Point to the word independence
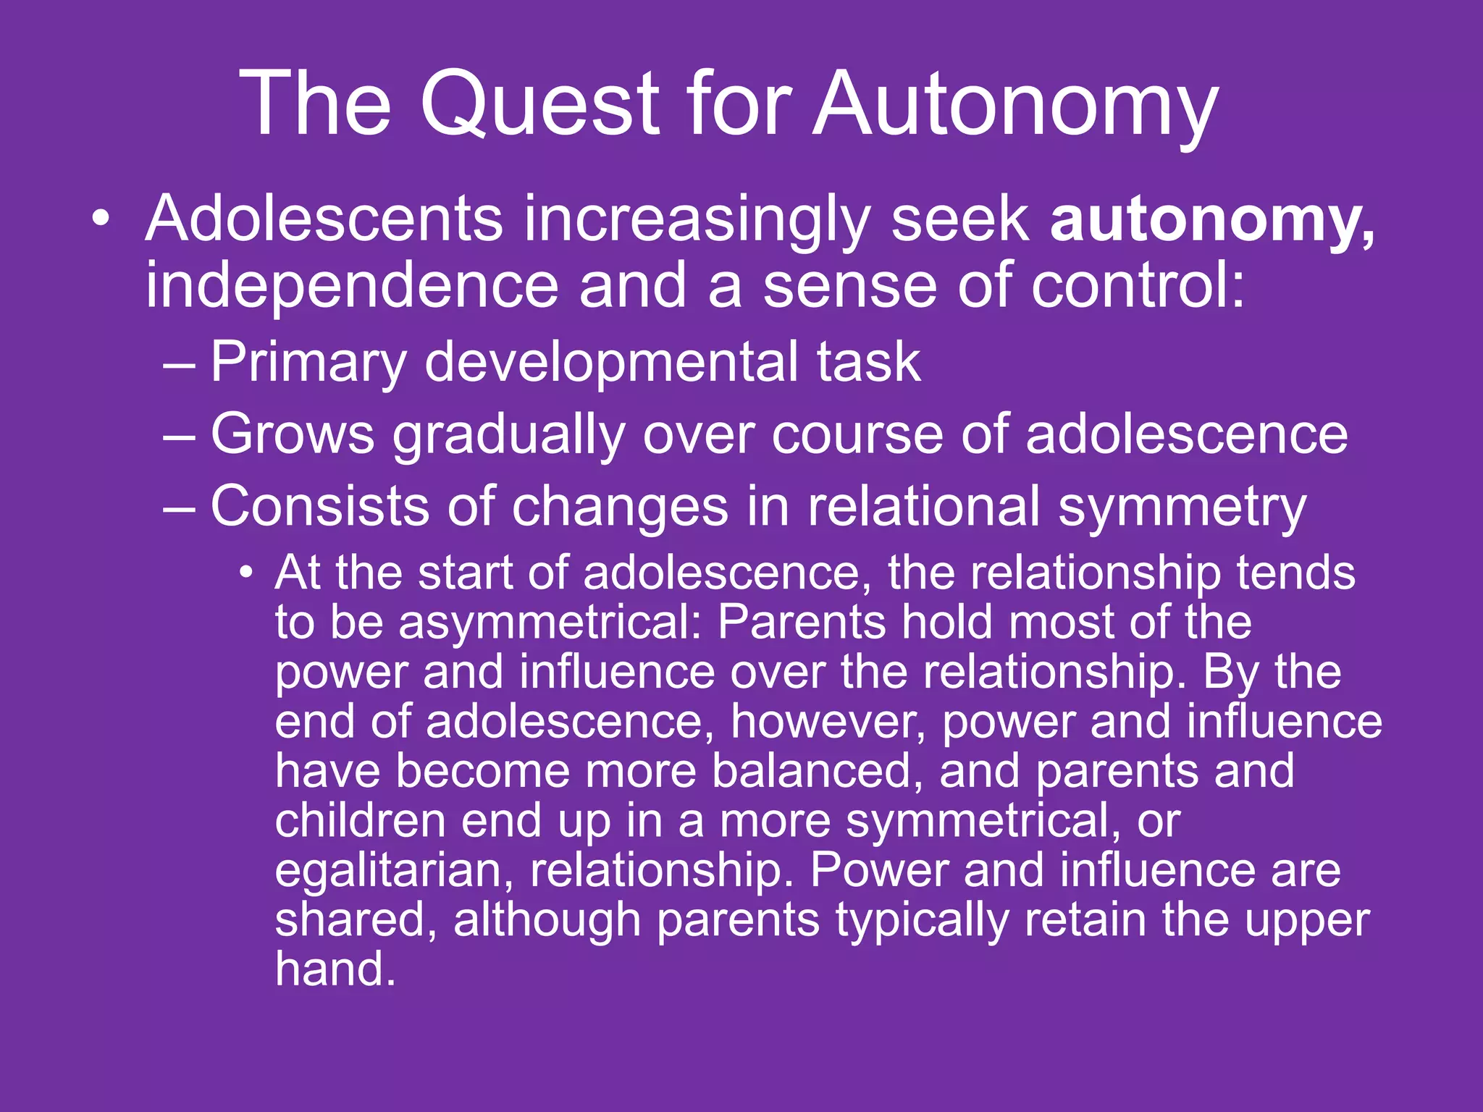(352, 285)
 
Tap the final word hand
(335, 969)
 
